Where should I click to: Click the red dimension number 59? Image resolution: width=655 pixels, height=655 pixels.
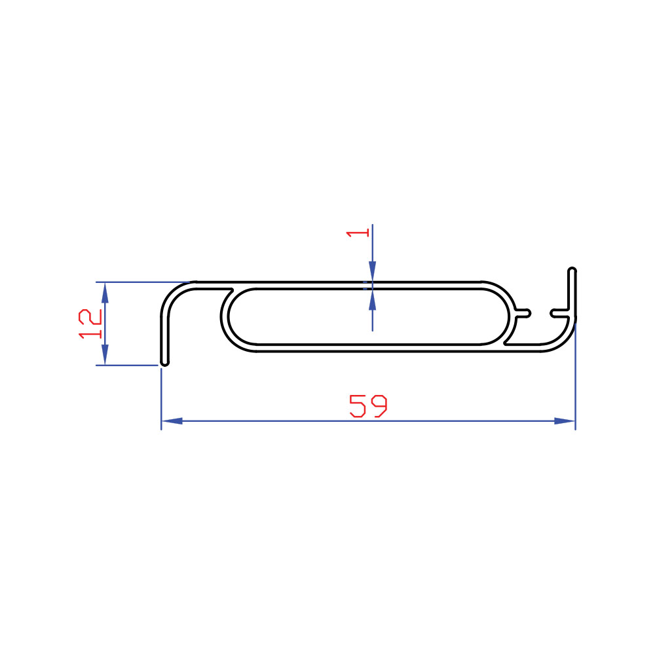[x=368, y=405]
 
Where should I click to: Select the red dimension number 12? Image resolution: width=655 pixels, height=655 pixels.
[x=90, y=324]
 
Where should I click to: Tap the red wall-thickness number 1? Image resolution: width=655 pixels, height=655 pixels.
[x=358, y=233]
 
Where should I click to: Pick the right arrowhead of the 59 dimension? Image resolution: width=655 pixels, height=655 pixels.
[x=565, y=421]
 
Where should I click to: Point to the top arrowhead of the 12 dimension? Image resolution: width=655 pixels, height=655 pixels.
[x=105, y=293]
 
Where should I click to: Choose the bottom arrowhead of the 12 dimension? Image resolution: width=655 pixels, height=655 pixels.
[x=105, y=354]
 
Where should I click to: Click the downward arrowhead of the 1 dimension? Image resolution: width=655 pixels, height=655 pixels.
[x=372, y=272]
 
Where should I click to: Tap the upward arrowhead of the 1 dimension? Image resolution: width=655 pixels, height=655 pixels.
[x=372, y=299]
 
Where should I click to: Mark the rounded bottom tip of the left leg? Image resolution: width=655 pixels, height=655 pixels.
[x=165, y=363]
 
